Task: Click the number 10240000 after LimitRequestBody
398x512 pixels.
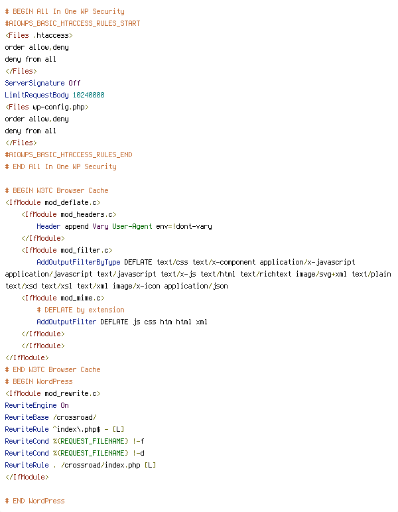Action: pyautogui.click(x=88, y=95)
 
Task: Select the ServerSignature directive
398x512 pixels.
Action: pyautogui.click(x=34, y=84)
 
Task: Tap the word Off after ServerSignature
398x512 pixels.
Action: pyautogui.click(x=74, y=83)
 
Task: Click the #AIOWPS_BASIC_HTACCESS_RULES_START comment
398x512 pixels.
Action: pyautogui.click(x=72, y=23)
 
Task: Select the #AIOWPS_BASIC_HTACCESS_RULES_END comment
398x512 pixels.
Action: pyautogui.click(x=68, y=155)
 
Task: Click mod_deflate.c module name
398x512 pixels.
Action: pyautogui.click(x=70, y=203)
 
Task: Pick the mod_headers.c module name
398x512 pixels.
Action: pyautogui.click(x=86, y=214)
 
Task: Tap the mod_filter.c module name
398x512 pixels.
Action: pyautogui.click(x=84, y=251)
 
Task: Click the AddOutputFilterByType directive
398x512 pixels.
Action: pyautogui.click(x=78, y=263)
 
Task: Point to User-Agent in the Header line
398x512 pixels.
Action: pyautogui.click(x=132, y=227)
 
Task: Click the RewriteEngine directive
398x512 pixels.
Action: pyautogui.click(x=31, y=405)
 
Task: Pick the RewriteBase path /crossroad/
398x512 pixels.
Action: pyautogui.click(x=75, y=417)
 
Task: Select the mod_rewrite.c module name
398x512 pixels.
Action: pyautogui.click(x=70, y=393)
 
